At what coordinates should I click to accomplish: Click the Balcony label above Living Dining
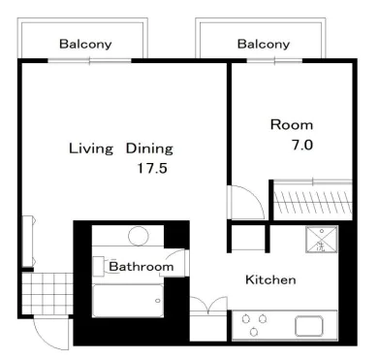tap(85, 45)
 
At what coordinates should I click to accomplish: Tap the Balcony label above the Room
tap(264, 45)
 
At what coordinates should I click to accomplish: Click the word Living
tap(91, 149)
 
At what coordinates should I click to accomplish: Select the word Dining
tap(149, 148)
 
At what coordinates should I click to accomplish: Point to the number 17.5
tap(152, 168)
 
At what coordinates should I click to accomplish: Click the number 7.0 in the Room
tap(302, 145)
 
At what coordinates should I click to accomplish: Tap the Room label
tap(292, 125)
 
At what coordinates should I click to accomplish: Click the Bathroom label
tap(142, 267)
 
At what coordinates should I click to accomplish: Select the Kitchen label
tap(270, 279)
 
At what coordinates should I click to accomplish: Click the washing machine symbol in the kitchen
tap(322, 240)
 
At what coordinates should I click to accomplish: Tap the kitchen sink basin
tap(309, 326)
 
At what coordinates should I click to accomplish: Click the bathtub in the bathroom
tap(128, 301)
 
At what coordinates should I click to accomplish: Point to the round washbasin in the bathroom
tap(139, 236)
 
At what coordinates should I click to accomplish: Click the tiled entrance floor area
tap(47, 293)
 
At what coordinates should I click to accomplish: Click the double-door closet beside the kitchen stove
tap(208, 319)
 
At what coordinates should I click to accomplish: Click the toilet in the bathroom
tap(102, 267)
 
